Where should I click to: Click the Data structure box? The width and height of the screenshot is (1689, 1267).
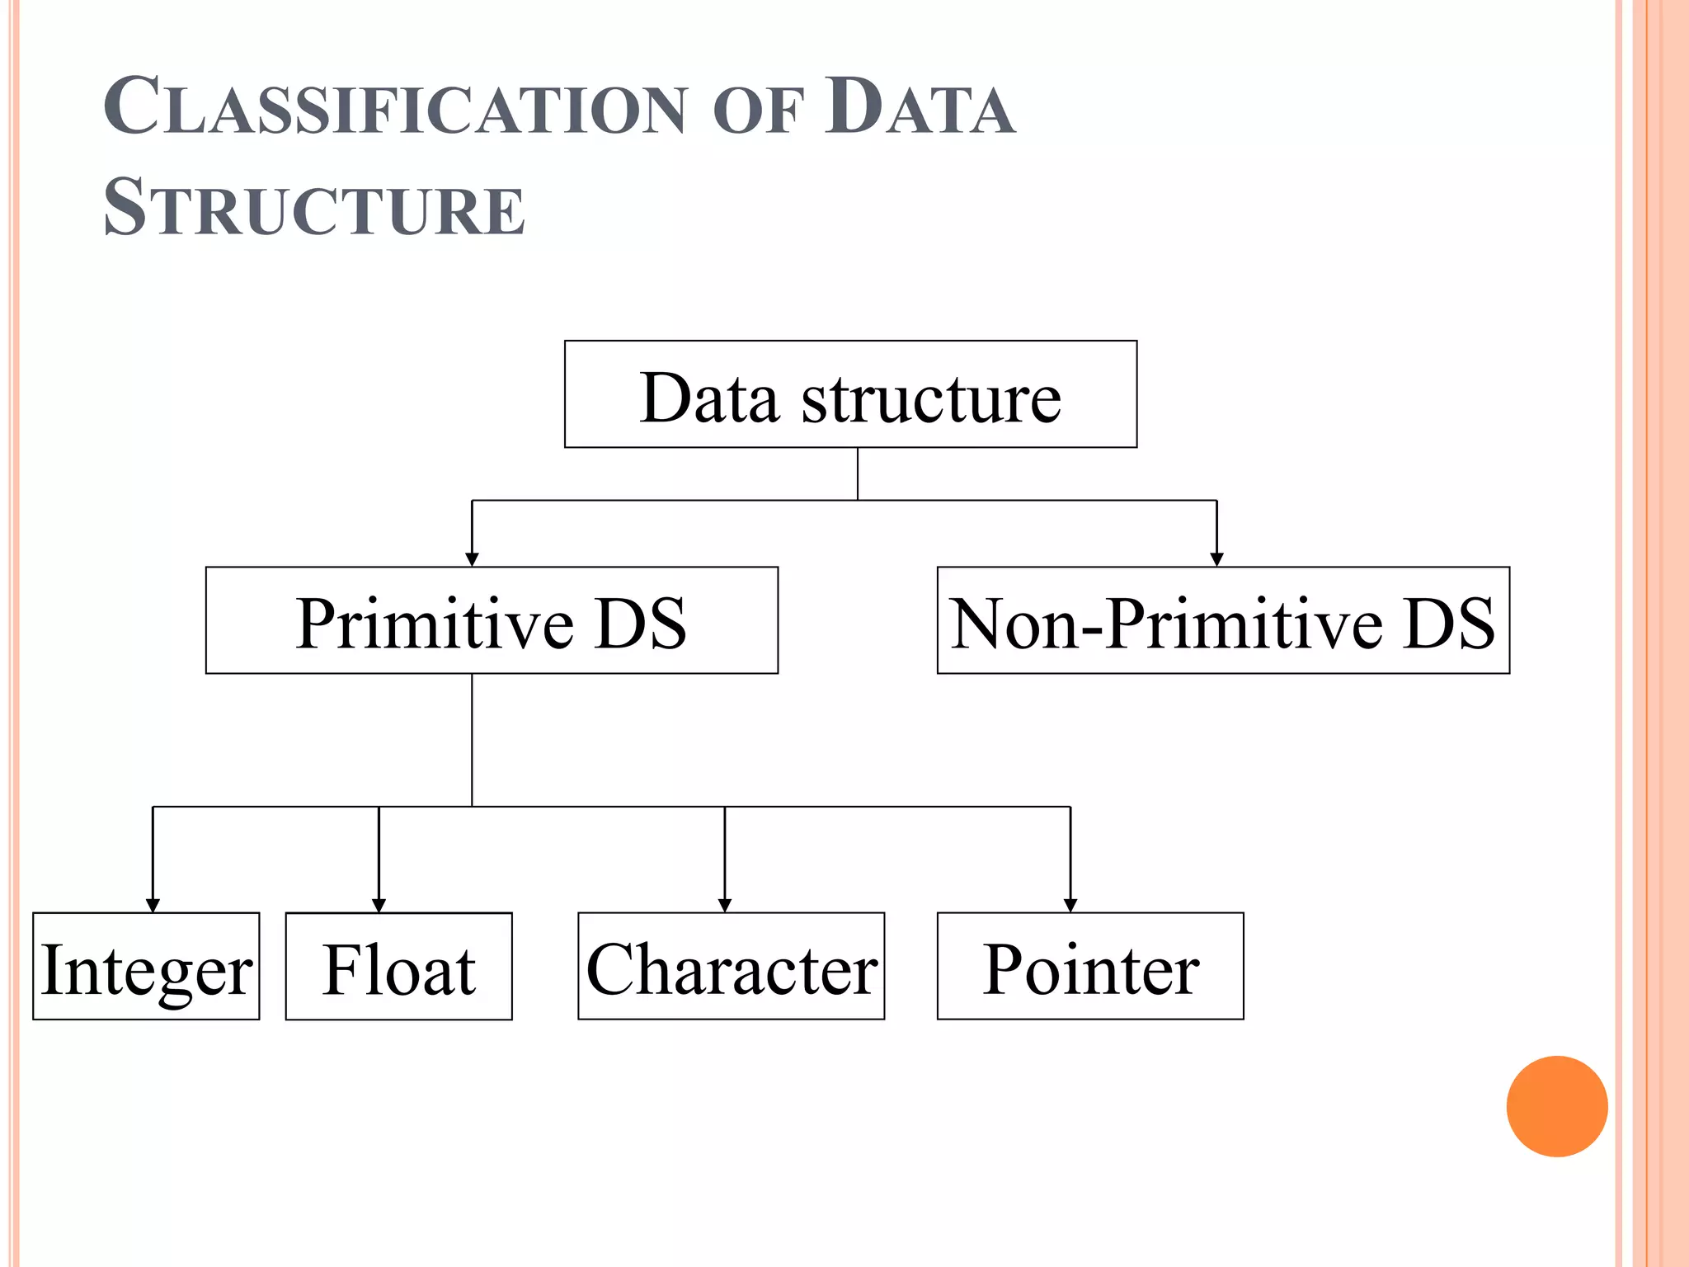(850, 394)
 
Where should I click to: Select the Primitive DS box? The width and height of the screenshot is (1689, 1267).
(492, 620)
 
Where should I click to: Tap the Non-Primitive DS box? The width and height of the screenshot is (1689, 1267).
(1223, 620)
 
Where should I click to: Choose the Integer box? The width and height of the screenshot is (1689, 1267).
(146, 967)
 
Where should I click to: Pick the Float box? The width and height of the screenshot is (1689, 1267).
(398, 967)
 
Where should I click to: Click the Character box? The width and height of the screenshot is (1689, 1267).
(731, 967)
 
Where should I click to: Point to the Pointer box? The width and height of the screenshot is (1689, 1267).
(1090, 967)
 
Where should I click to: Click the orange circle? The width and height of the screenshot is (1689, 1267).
(1556, 1106)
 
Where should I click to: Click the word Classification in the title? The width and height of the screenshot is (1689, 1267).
(394, 107)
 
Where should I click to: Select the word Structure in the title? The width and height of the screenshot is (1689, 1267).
(314, 208)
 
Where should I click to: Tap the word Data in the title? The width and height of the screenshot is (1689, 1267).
(920, 107)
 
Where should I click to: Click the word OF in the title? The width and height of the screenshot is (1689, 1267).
(758, 111)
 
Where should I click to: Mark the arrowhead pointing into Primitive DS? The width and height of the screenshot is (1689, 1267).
(472, 559)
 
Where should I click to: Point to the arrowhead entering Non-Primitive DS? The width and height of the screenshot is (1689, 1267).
(1216, 559)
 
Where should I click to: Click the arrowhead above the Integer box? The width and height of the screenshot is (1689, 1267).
(153, 905)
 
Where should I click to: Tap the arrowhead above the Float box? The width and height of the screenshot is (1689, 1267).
(379, 905)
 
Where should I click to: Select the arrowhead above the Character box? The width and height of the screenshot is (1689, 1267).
(725, 905)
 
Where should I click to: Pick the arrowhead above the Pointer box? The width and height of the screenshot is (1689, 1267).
(1070, 905)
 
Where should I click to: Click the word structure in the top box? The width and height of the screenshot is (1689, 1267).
(931, 399)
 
